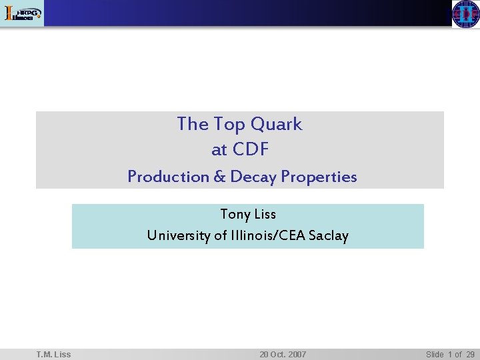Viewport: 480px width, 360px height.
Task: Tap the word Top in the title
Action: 229,124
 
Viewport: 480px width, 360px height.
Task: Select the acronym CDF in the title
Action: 250,150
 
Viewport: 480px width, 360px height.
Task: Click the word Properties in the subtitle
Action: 319,177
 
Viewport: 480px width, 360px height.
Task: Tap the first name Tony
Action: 234,215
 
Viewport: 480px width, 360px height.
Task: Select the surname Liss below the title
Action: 265,215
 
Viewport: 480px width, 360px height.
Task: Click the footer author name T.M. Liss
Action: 54,354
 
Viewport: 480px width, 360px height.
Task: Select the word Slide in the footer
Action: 435,354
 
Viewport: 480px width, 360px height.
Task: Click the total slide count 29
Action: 470,354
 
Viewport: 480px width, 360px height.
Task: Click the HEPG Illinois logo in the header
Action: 23,13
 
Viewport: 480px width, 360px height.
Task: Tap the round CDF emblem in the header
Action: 465,13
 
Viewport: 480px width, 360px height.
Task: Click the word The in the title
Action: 193,124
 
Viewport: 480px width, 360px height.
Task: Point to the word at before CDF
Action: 219,150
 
